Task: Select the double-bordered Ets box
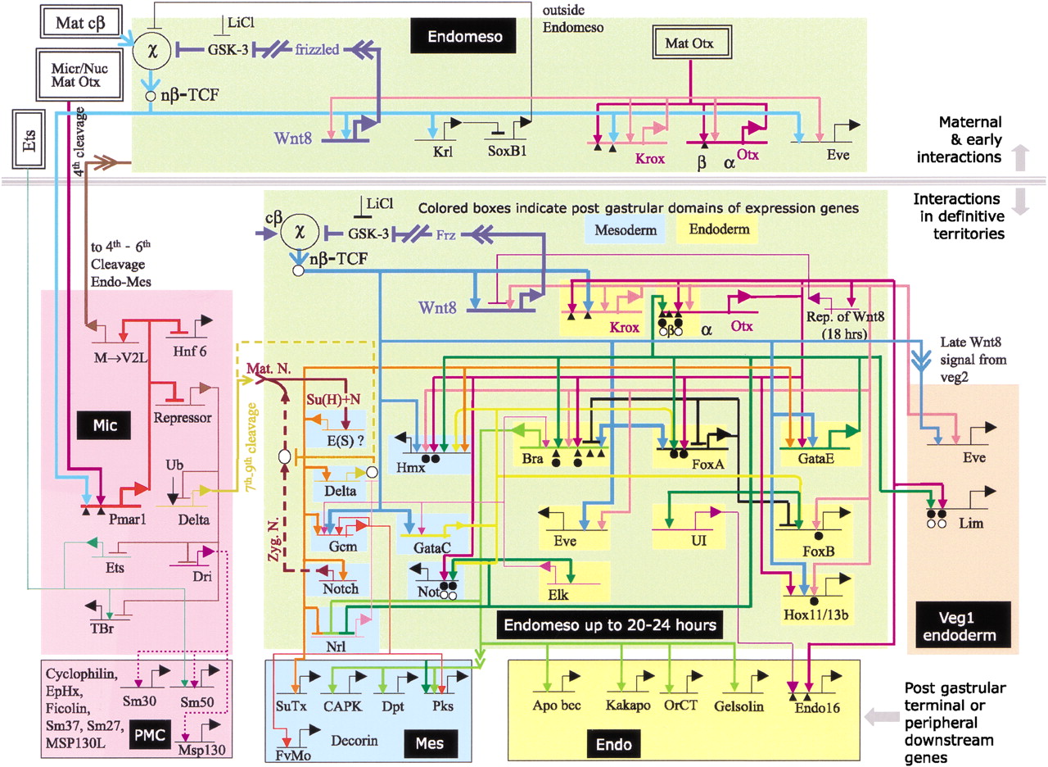click(x=27, y=129)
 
